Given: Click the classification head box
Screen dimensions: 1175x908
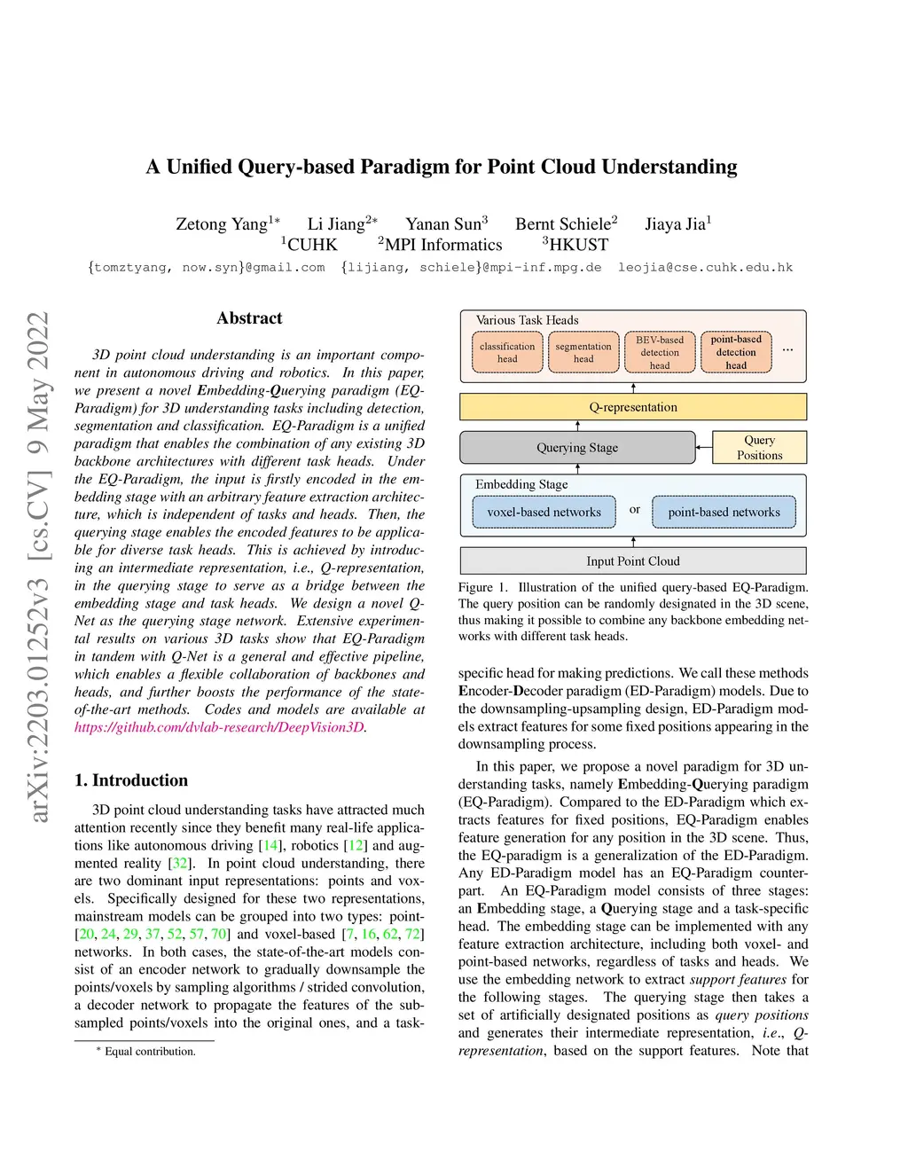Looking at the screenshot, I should coord(507,353).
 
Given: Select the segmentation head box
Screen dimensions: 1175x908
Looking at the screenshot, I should coord(583,353).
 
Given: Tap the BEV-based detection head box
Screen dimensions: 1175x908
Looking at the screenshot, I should coord(660,353).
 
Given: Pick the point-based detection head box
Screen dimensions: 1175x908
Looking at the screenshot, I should coord(736,353).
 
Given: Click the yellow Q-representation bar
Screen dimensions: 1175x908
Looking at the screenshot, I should coord(633,407).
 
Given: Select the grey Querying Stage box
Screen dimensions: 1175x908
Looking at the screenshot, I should coord(577,448).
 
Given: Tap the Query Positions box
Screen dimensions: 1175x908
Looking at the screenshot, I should coord(760,448).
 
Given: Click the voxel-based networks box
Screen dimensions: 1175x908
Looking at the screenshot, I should coord(544,512).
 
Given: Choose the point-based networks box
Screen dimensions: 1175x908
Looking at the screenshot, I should coord(724,512).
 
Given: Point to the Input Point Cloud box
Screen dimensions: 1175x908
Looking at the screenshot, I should coord(633,561).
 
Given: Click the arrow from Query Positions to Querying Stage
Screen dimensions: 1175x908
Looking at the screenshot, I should coord(705,448).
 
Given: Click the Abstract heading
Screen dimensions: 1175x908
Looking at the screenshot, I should coord(249,318).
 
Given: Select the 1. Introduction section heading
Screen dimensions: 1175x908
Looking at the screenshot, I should coord(131,780).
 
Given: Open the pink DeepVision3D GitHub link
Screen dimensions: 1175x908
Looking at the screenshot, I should coord(219,727).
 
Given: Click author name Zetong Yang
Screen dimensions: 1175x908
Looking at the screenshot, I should coord(222,224).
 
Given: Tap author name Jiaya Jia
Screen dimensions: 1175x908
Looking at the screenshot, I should coord(675,224).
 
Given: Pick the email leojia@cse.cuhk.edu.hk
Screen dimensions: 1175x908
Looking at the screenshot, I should coord(705,268).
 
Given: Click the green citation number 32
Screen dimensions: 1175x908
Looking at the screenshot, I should coord(180,863).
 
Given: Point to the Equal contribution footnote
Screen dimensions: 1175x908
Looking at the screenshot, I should coord(150,1052).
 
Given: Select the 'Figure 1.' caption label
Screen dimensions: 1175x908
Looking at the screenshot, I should coord(483,587).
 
